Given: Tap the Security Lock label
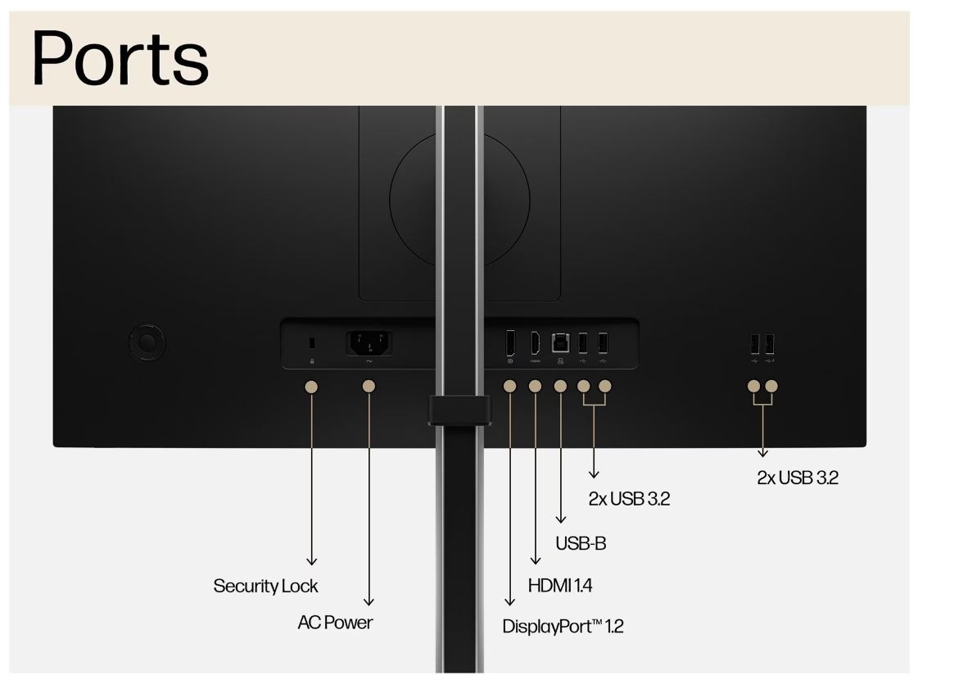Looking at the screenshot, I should tap(265, 586).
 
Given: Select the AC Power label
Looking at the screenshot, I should tap(335, 623).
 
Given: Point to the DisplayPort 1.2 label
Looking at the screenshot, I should tap(563, 627).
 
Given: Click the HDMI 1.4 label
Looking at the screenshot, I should tap(560, 586).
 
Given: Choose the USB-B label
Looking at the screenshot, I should tap(581, 543).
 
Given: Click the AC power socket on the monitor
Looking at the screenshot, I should tap(369, 342).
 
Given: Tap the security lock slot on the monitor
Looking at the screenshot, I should tap(311, 342).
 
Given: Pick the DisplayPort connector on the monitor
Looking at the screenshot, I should tap(509, 342).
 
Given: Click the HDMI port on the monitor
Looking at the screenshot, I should tap(535, 342).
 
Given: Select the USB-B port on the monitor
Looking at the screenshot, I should tap(561, 342).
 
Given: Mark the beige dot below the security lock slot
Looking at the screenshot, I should tap(311, 386).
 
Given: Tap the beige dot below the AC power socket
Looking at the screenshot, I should tap(369, 386).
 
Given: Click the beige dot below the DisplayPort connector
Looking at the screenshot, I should tap(509, 386).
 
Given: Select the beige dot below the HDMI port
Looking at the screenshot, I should tap(535, 386).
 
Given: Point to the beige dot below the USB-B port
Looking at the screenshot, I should tap(561, 386).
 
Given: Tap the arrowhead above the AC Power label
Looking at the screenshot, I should tap(369, 601).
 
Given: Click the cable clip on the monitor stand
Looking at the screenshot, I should tap(459, 410).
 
